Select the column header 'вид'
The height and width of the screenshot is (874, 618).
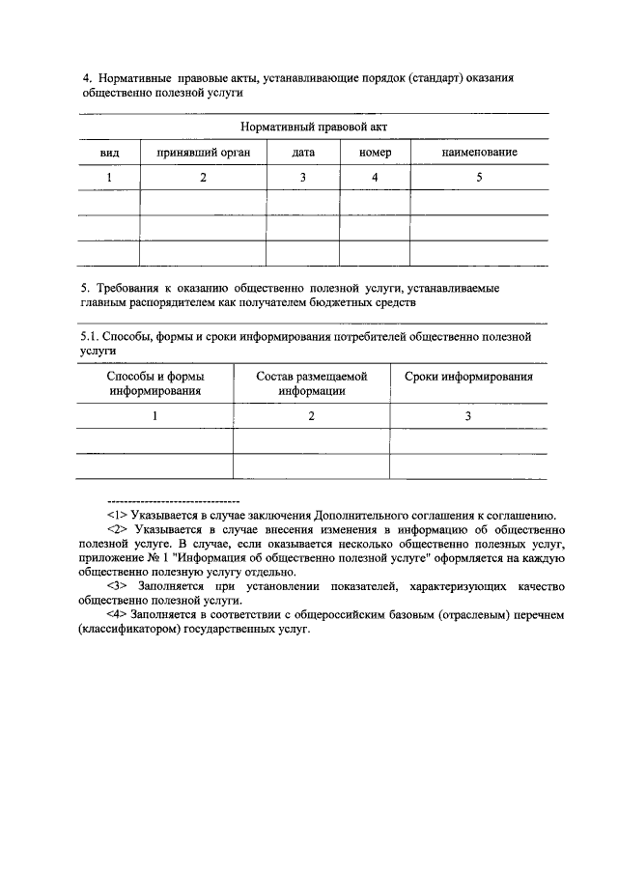109,153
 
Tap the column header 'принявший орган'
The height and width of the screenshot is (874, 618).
203,153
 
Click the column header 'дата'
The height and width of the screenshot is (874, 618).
303,153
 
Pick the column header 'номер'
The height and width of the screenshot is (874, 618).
375,153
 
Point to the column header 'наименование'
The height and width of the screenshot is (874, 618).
480,153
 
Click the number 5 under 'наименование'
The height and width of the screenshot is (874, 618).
480,178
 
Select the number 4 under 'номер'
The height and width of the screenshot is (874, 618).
375,178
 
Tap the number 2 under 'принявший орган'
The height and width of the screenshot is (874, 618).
203,178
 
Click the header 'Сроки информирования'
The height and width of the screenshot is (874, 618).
468,377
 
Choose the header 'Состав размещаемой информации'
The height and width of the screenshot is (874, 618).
312,383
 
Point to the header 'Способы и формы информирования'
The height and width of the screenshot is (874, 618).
154,383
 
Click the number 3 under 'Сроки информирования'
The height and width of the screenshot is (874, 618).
468,415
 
